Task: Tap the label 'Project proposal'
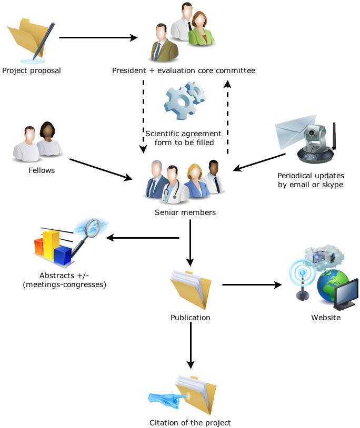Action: (32, 70)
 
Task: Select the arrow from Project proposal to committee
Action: (98, 38)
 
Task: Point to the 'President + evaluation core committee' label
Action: (183, 70)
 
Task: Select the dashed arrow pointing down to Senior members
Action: (143, 116)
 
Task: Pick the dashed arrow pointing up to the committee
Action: (227, 116)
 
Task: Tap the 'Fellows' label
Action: (42, 170)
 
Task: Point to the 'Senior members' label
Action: (185, 213)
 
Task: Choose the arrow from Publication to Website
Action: (252, 285)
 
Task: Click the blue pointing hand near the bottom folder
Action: (167, 398)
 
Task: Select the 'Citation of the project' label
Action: (190, 422)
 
